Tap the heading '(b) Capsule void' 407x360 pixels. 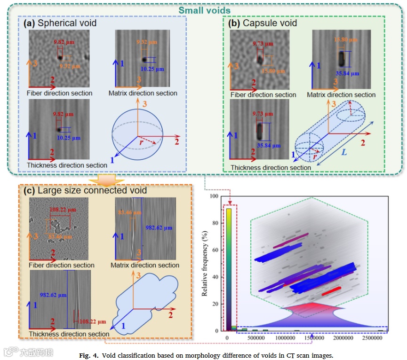tap(263, 22)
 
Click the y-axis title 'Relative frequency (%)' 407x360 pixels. tap(205, 263)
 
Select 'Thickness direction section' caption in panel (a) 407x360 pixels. tap(67, 165)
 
